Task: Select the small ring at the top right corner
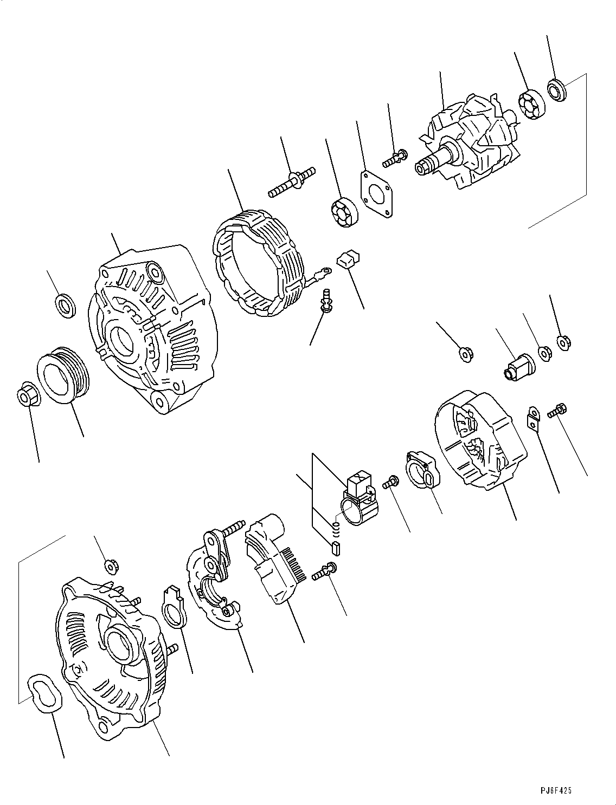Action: pyautogui.click(x=557, y=89)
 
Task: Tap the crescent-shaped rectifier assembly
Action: pyautogui.click(x=211, y=585)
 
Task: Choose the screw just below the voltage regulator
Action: pyautogui.click(x=324, y=572)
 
